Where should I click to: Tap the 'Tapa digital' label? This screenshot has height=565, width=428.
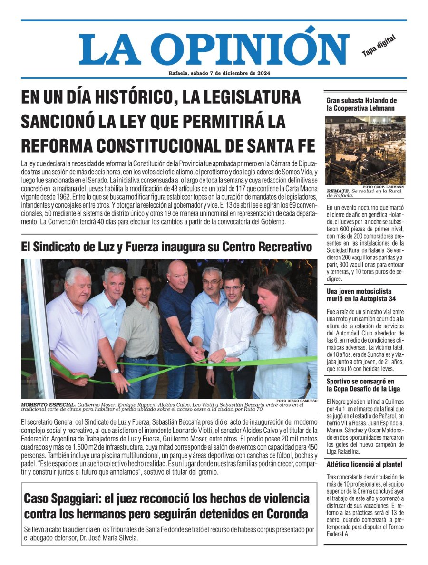(x=379, y=46)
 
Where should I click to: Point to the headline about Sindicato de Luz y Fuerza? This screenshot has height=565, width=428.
(x=166, y=247)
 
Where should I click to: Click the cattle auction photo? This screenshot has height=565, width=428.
(x=365, y=150)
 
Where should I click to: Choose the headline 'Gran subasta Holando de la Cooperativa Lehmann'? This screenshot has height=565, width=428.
(x=361, y=104)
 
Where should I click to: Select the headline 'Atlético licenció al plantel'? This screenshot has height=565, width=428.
(x=364, y=464)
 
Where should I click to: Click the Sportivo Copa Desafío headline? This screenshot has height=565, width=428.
(x=360, y=385)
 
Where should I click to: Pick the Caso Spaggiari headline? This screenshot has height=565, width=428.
(x=166, y=507)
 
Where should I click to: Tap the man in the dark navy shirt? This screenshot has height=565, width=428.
(x=177, y=309)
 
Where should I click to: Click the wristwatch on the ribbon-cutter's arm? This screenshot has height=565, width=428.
(x=115, y=370)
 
